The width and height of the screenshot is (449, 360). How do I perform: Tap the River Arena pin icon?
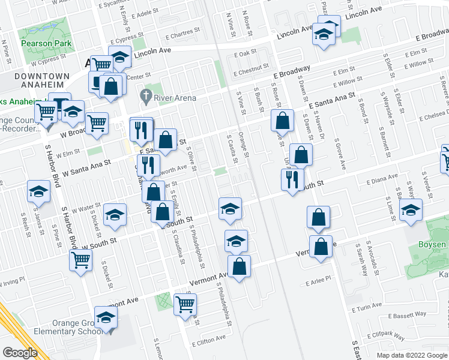pyautogui.click(x=145, y=95)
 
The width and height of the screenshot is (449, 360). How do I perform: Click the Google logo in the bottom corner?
pyautogui.click(x=20, y=352)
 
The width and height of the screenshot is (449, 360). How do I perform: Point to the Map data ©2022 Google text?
pyautogui.click(x=411, y=355)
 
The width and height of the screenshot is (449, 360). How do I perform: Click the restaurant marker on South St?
pyautogui.click(x=292, y=179)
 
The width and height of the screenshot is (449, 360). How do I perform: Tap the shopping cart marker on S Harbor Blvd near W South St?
pyautogui.click(x=80, y=260)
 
